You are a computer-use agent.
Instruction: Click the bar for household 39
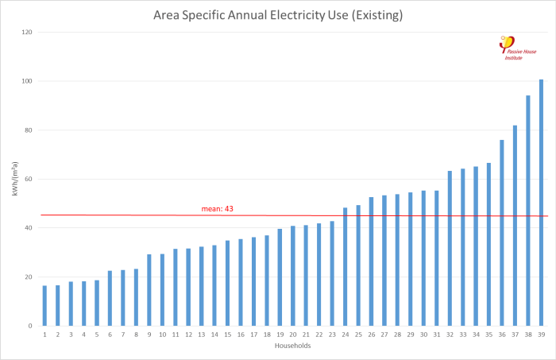(x=541, y=203)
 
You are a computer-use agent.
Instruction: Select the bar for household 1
(x=44, y=306)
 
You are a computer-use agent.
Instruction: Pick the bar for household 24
(x=346, y=267)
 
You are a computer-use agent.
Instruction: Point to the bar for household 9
(x=149, y=290)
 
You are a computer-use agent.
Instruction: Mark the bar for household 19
(x=280, y=277)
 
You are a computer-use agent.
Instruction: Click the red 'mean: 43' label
(x=217, y=209)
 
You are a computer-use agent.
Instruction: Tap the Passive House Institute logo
(x=517, y=48)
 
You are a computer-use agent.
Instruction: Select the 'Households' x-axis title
(x=293, y=346)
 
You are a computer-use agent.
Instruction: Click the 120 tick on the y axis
(x=26, y=33)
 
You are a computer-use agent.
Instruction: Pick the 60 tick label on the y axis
(x=29, y=179)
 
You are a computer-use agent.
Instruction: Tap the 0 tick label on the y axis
(x=31, y=326)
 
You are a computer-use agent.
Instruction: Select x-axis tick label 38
(x=528, y=335)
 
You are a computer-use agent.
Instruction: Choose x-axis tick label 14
(x=214, y=335)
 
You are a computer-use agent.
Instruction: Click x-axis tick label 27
(x=384, y=335)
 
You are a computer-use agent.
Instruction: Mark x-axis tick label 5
(x=97, y=335)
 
